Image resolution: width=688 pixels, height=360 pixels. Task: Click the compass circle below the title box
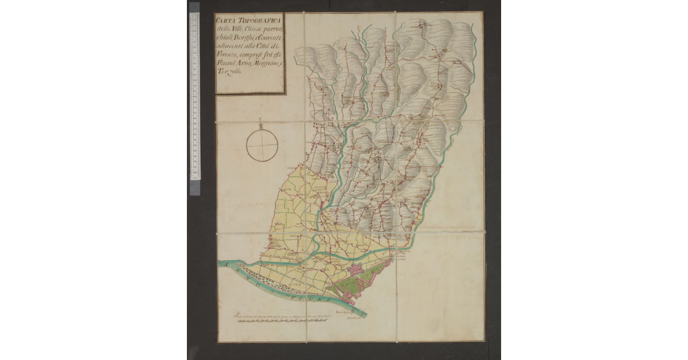point(262,144)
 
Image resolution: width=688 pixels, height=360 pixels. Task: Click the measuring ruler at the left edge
point(194,97)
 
